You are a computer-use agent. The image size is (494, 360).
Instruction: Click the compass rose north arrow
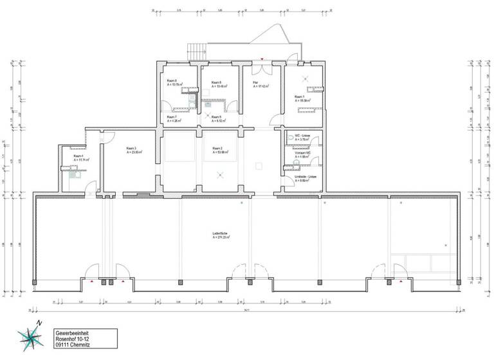30,336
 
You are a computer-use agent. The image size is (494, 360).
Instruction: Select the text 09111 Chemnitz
73,344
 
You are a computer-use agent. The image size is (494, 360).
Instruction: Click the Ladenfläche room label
221,234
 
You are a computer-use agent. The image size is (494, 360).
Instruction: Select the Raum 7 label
172,118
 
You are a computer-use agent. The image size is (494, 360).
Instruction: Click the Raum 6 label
217,83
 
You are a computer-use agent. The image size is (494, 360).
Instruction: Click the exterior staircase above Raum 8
196,49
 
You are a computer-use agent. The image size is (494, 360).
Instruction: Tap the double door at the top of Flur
262,64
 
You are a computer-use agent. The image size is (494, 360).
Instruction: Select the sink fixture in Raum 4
77,173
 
